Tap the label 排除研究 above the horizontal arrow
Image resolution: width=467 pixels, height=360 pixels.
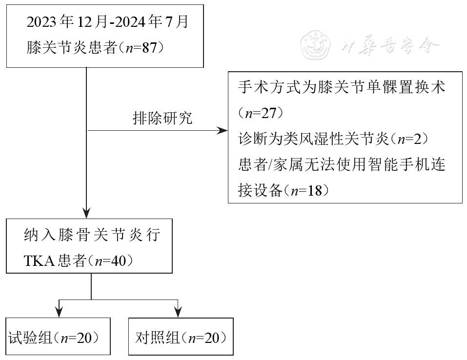(x=162, y=119)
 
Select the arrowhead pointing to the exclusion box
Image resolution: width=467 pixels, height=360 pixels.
(x=223, y=131)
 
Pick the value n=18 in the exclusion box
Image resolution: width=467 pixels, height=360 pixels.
(x=306, y=190)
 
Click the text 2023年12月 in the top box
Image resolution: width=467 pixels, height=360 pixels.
(x=61, y=22)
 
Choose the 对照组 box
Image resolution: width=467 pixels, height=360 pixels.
(x=181, y=337)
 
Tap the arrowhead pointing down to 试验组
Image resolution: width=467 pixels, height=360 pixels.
(x=59, y=312)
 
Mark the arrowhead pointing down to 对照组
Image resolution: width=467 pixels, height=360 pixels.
(x=178, y=312)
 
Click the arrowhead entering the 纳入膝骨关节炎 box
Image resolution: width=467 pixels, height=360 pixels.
(x=86, y=213)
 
